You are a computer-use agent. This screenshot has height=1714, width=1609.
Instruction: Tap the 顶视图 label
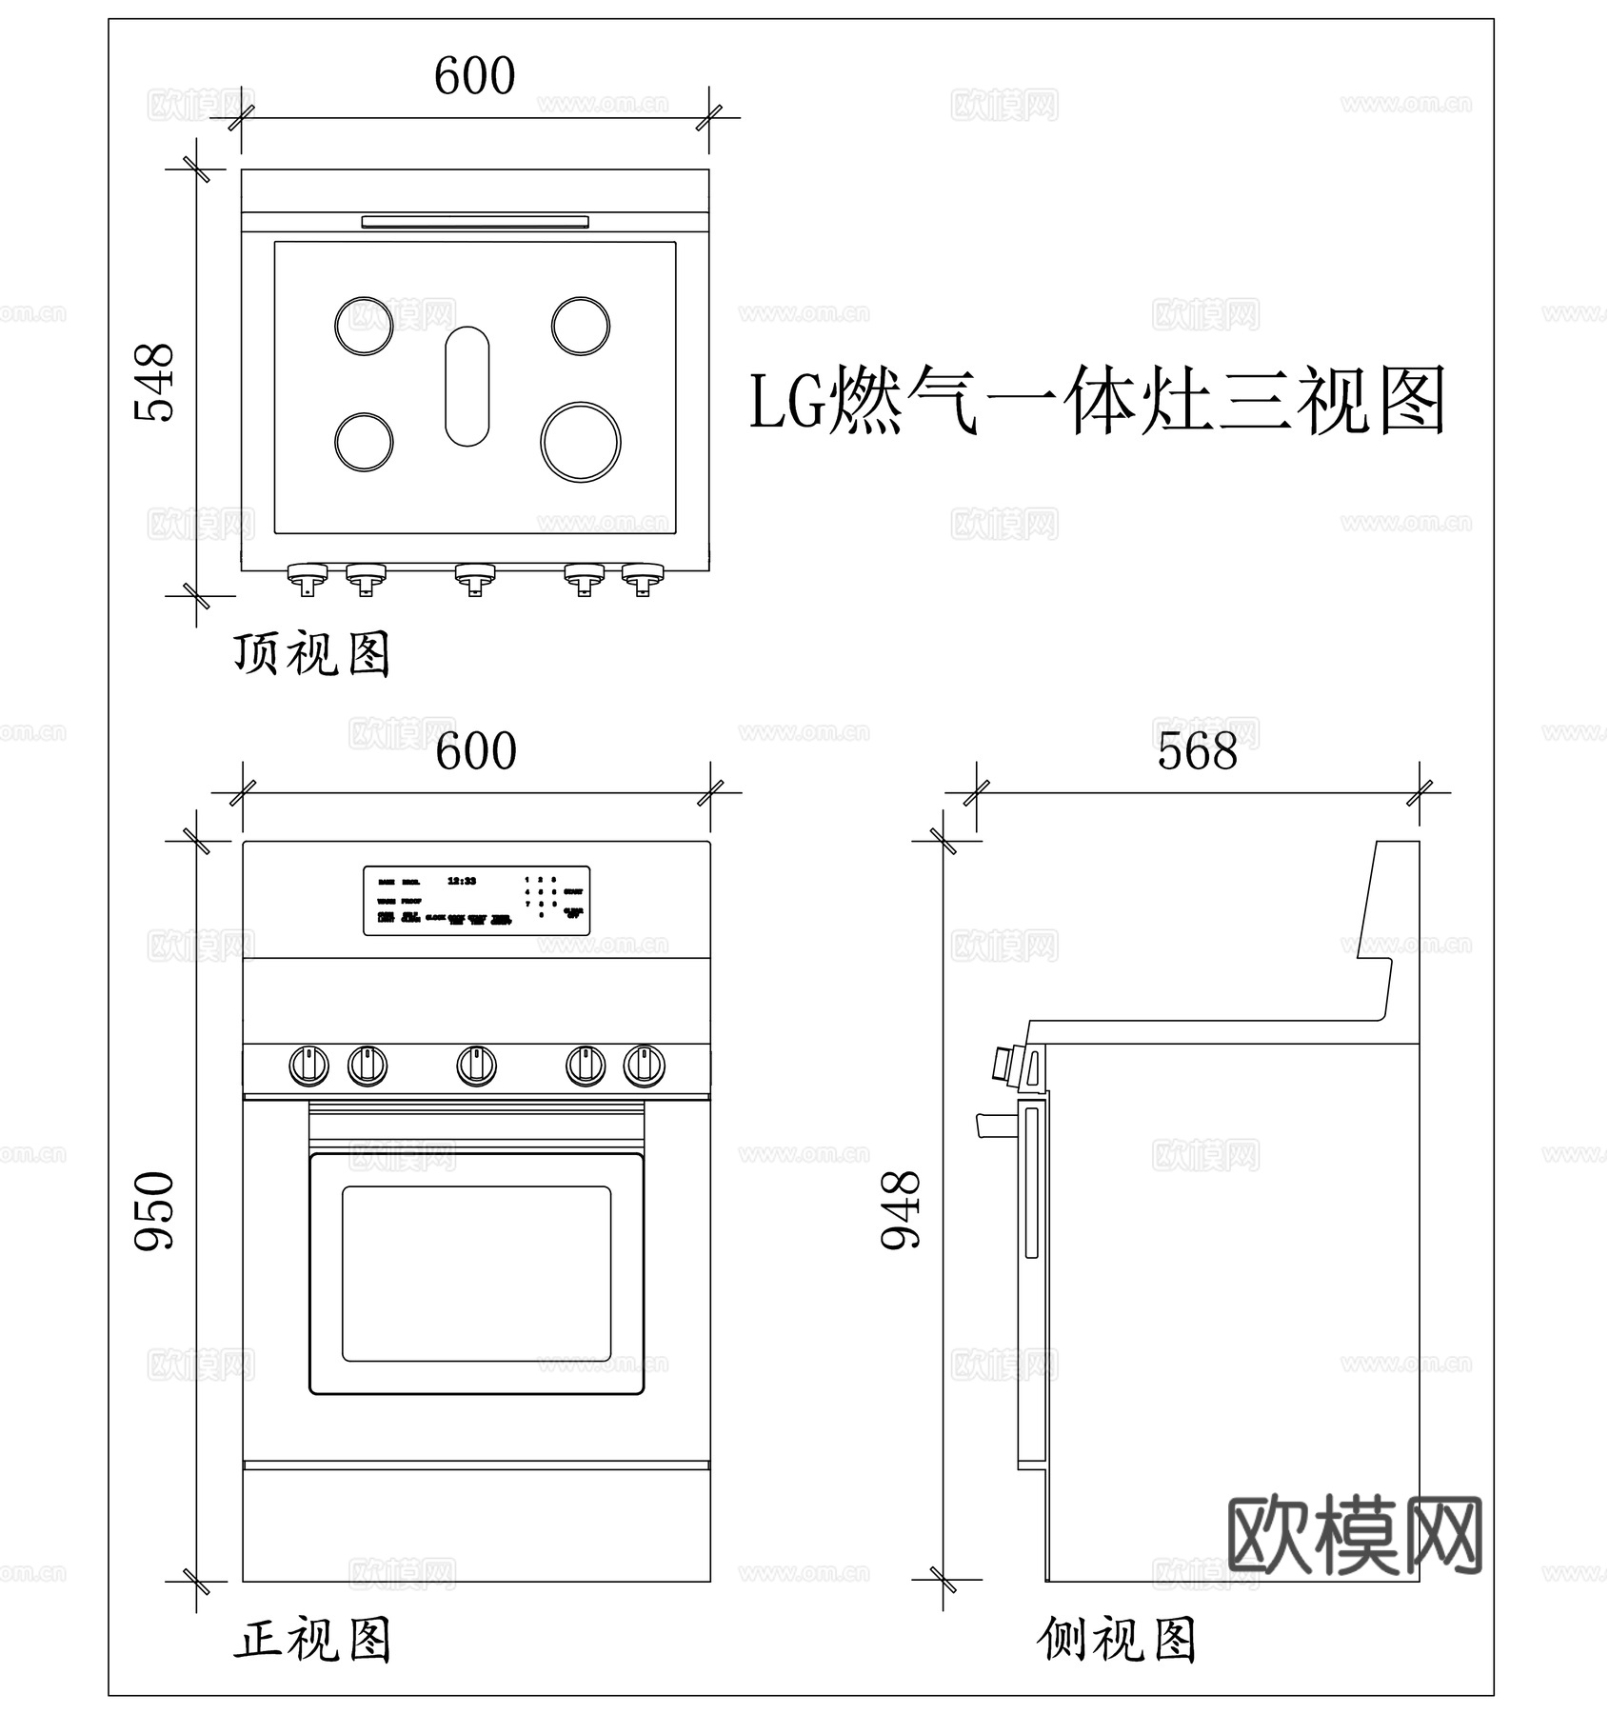(312, 655)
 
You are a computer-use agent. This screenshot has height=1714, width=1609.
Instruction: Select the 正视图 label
(312, 1641)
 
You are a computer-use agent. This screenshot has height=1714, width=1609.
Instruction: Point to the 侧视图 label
(1116, 1641)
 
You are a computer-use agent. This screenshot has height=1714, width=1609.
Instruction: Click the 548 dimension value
(154, 382)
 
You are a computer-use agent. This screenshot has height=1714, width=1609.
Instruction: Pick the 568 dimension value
(1197, 751)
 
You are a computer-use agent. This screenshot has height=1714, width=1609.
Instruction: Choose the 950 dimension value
(154, 1211)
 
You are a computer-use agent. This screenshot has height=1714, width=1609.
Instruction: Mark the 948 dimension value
(901, 1210)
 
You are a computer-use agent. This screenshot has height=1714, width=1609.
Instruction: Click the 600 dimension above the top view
(474, 76)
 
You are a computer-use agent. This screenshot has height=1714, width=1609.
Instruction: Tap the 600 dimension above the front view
(476, 751)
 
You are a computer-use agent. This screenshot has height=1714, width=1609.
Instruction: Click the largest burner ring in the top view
(581, 442)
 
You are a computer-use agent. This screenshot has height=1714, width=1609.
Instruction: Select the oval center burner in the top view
(467, 387)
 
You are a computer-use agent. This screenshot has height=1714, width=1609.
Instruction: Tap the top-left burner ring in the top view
(364, 326)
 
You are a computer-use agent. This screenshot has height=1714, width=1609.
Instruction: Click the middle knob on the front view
(476, 1066)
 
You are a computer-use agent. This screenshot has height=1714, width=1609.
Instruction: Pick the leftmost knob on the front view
(309, 1066)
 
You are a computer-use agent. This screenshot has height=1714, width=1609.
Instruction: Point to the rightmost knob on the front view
(644, 1066)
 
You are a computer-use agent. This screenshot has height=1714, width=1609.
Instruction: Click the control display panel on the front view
(476, 901)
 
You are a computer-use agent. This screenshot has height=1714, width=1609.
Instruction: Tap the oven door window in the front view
(476, 1274)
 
